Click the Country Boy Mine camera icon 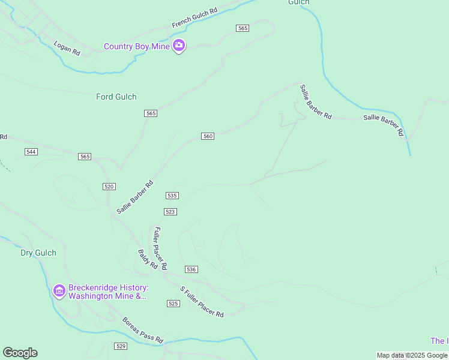coord(178,46)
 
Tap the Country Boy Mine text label coord(136,46)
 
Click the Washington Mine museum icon coord(59,292)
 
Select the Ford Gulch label coord(116,97)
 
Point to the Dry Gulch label coord(38,253)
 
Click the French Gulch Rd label coord(194,18)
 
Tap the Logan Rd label coord(67,49)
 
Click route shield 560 coord(208,136)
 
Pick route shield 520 coord(109,187)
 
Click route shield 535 coord(172,196)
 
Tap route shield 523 coord(170,212)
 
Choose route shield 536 coord(191,269)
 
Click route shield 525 coord(173,304)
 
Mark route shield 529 coord(121,346)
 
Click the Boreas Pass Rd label coord(143,331)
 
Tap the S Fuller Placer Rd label coord(202,302)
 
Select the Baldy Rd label coord(148,259)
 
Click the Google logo coord(20,353)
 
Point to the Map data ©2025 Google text coord(412,356)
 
